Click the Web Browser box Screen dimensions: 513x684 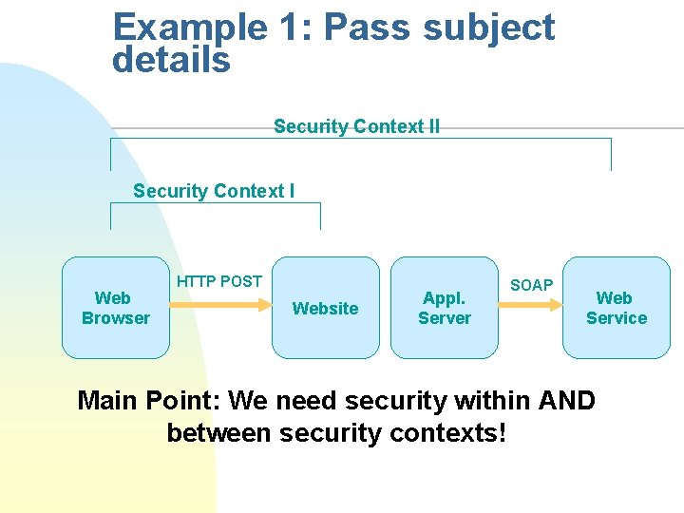pos(116,308)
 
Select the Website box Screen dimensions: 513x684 pos(325,308)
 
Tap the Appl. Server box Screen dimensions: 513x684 pos(444,308)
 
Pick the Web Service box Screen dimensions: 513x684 pos(616,308)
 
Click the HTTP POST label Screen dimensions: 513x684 pos(219,281)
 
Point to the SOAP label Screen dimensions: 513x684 pos(531,285)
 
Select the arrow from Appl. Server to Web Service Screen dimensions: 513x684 pos(530,305)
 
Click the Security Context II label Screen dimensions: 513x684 pos(356,126)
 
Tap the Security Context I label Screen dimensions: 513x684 pos(214,191)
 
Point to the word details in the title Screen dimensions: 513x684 pos(171,61)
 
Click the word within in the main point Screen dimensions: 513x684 pos(482,400)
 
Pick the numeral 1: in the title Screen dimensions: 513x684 pos(294,28)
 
